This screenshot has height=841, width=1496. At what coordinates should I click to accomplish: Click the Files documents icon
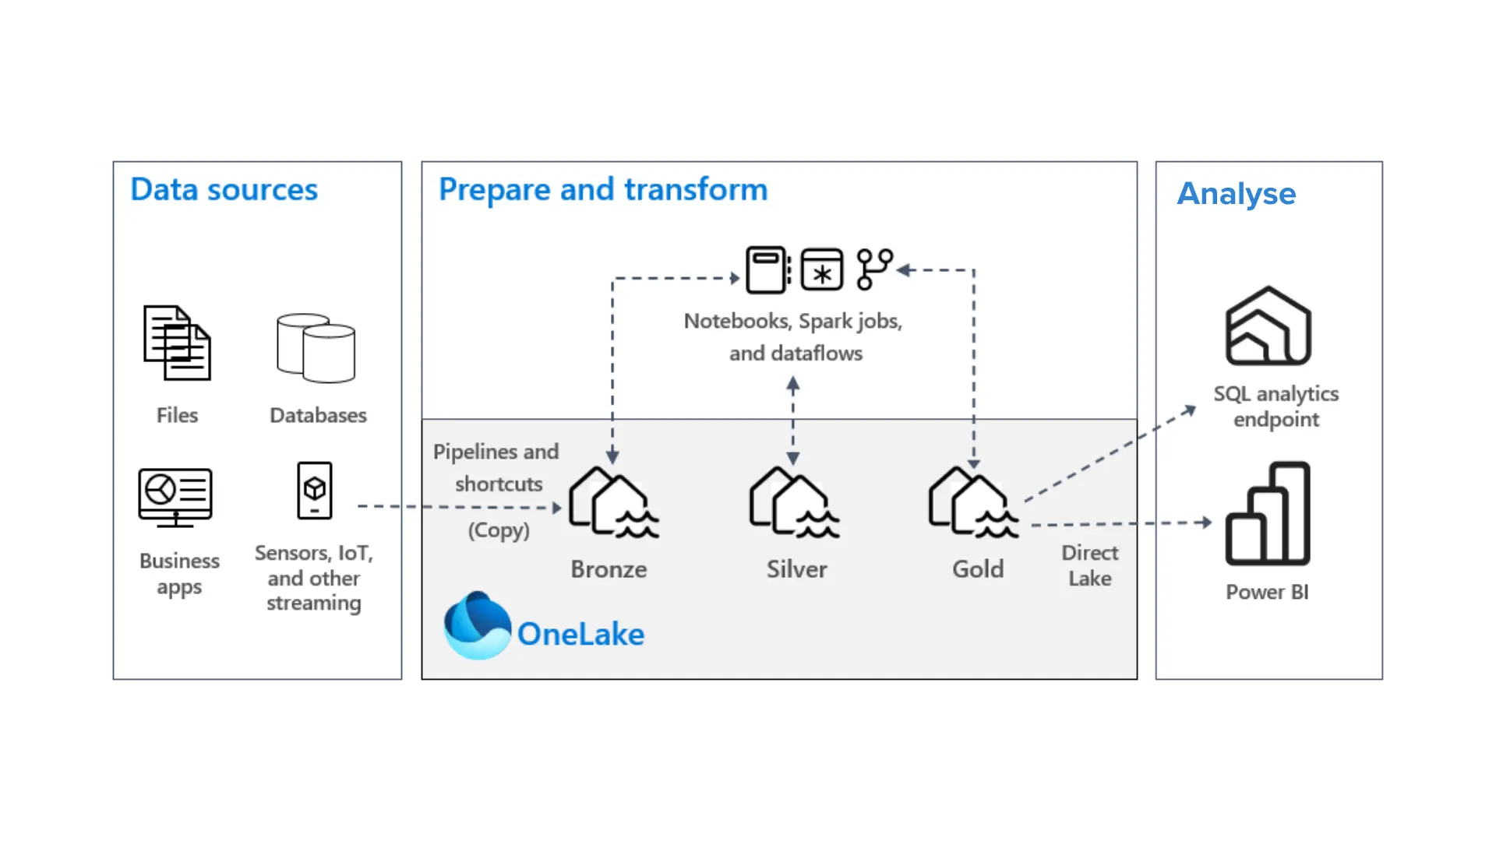(x=177, y=343)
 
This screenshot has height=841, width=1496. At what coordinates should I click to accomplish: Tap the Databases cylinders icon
(x=316, y=348)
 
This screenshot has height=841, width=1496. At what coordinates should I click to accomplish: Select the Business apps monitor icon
(x=175, y=498)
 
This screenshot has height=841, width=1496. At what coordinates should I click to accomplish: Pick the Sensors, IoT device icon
(x=315, y=491)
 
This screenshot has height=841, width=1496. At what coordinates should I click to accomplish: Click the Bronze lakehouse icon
(x=613, y=502)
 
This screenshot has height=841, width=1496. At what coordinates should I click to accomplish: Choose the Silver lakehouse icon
(x=794, y=502)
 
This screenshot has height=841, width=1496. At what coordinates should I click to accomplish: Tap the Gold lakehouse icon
(x=973, y=502)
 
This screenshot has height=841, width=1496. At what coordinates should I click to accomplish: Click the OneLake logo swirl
(x=477, y=625)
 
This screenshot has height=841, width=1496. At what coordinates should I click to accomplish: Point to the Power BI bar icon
(x=1268, y=513)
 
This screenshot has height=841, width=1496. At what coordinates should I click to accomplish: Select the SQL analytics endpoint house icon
(x=1268, y=325)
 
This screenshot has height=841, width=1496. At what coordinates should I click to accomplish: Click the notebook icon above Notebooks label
(x=768, y=269)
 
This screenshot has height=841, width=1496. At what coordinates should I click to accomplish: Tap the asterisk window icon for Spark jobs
(x=822, y=269)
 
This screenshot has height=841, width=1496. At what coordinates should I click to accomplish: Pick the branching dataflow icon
(x=874, y=269)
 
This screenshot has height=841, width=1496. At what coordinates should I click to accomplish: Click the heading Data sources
(x=224, y=189)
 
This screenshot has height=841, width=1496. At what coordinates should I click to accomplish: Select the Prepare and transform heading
(x=603, y=189)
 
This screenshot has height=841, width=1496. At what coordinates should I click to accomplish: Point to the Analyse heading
(x=1237, y=193)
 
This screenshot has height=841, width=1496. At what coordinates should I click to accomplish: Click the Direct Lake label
(x=1090, y=565)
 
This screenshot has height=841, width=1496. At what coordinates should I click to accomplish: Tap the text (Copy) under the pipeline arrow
(x=499, y=530)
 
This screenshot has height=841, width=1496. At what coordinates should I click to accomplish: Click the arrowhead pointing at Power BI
(x=1207, y=523)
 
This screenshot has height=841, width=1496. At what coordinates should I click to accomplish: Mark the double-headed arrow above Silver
(x=793, y=420)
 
